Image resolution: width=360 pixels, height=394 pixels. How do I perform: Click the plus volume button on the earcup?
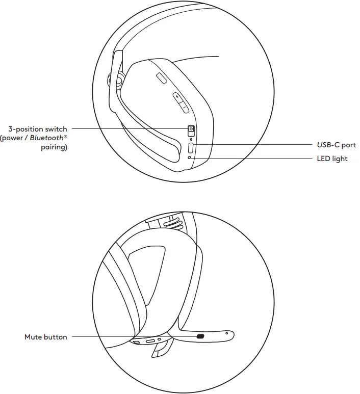click(177, 96)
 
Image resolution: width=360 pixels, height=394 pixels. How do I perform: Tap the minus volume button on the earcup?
click(184, 108)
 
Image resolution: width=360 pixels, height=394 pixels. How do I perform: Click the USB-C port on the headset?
click(191, 148)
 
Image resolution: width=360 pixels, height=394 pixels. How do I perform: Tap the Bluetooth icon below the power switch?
click(191, 138)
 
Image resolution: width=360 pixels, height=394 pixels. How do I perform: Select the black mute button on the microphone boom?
click(200, 336)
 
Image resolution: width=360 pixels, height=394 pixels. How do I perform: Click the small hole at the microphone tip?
click(226, 333)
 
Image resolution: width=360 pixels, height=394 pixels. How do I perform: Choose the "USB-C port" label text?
click(336, 145)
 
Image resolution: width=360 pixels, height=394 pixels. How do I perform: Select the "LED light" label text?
click(332, 159)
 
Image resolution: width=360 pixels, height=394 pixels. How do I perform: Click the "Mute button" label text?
click(45, 337)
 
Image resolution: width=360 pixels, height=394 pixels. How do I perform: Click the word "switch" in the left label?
click(56, 129)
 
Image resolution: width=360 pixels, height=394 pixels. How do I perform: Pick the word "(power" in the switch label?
click(11, 139)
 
